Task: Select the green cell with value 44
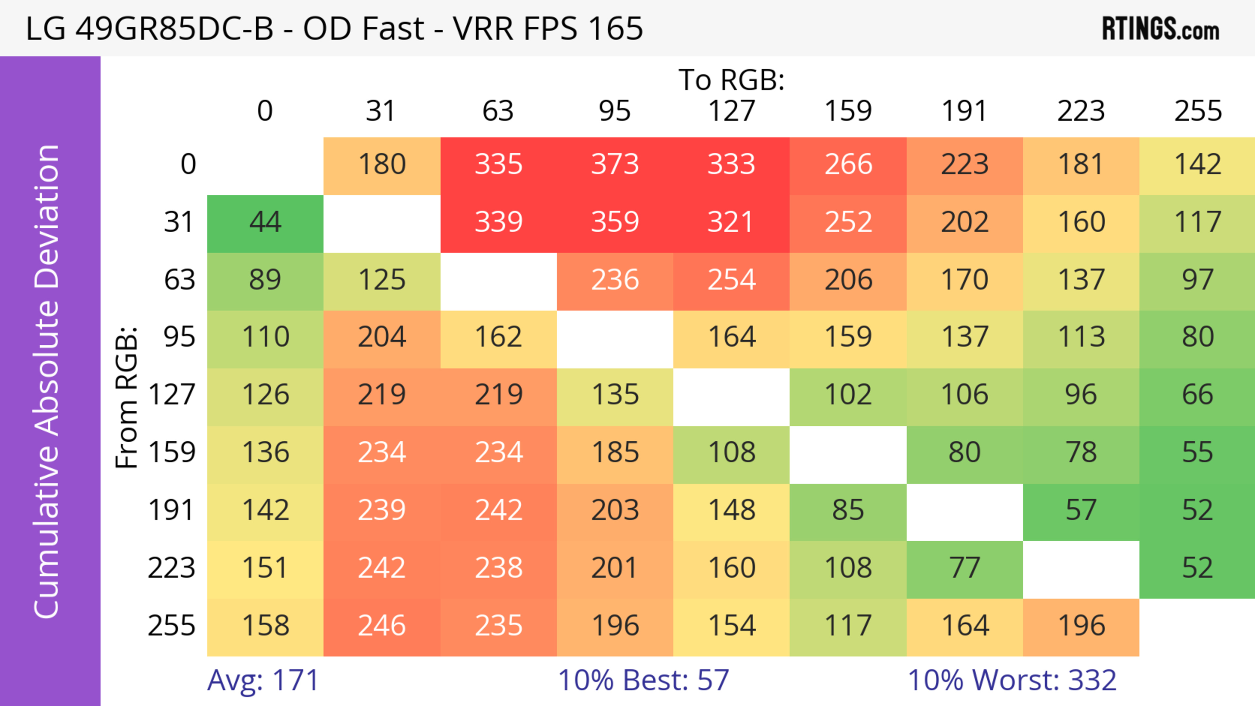(x=265, y=222)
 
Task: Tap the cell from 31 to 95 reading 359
(x=615, y=222)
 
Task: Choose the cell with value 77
(x=964, y=568)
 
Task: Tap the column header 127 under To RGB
(x=731, y=111)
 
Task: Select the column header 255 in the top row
(x=1197, y=111)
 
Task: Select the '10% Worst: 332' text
(x=1012, y=680)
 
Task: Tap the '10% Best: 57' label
(x=643, y=680)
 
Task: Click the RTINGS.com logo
(x=1161, y=29)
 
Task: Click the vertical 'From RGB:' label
(x=127, y=397)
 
